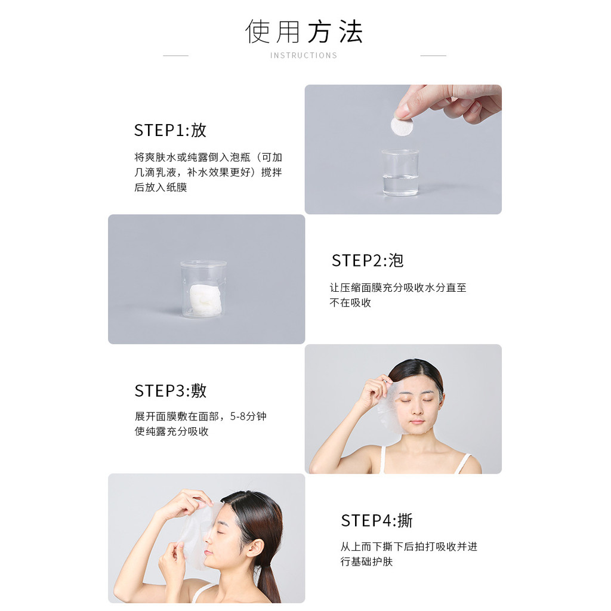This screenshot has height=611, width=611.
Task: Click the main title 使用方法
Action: pos(304,31)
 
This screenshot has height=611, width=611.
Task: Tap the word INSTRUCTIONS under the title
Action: pos(304,55)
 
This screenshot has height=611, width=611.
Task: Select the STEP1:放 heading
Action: pos(170,130)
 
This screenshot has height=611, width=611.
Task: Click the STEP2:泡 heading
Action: pos(368,260)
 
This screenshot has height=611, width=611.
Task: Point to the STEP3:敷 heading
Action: pos(171,390)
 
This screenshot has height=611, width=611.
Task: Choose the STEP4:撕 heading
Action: pos(377,520)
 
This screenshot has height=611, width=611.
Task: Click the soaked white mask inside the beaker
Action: pos(206,300)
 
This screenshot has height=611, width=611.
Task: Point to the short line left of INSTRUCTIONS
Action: pos(176,55)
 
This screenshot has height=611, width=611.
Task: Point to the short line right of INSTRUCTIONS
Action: pos(433,55)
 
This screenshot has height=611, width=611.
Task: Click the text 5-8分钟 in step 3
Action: pos(248,416)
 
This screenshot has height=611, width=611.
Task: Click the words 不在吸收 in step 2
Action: pos(350,303)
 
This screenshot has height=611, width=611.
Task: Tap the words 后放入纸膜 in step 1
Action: pos(161,187)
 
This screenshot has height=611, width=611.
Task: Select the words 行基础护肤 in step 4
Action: pos(366,561)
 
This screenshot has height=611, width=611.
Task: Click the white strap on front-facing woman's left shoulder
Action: pos(463,463)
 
